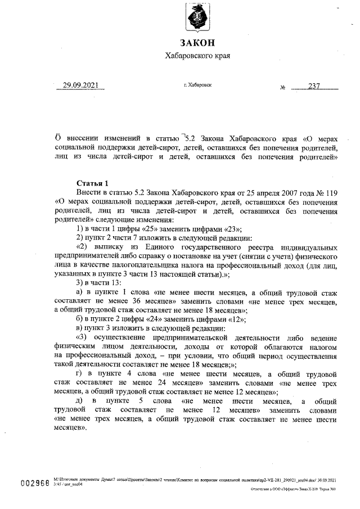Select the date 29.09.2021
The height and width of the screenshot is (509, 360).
(x=80, y=85)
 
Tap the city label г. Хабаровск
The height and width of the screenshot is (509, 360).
(x=197, y=85)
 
